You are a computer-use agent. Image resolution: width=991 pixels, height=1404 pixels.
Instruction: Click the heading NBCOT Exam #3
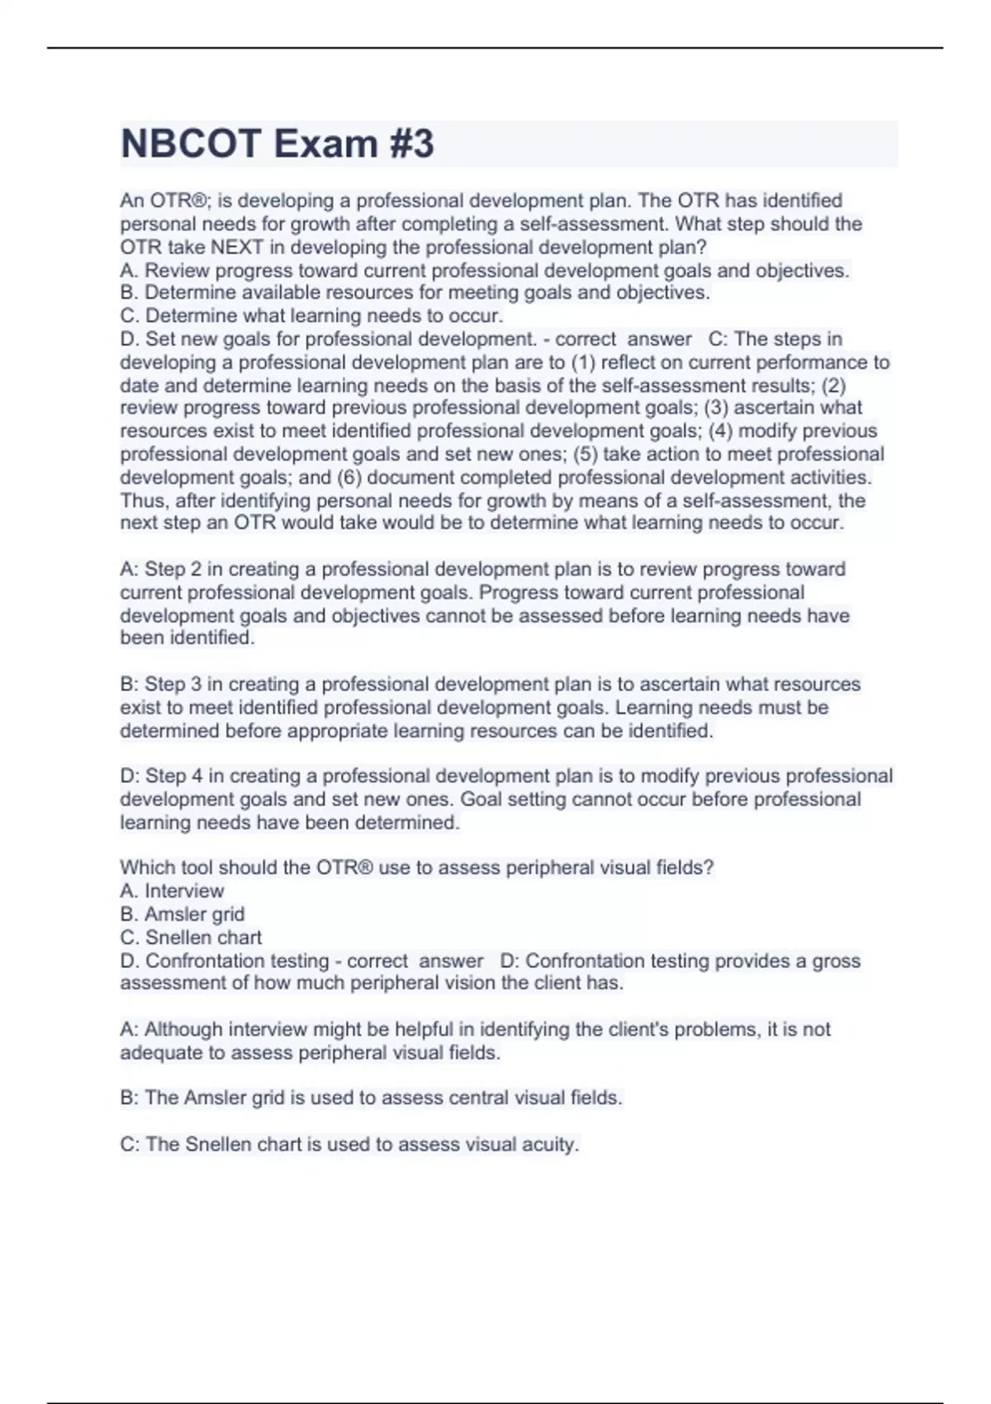tap(277, 145)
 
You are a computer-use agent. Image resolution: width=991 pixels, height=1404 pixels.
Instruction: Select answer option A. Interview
tap(172, 891)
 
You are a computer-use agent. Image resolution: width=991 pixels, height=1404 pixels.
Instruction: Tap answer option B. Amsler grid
tap(182, 914)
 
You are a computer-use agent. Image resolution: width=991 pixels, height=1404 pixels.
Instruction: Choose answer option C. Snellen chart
tap(191, 937)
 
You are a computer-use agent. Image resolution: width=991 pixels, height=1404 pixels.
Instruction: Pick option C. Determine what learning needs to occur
tap(311, 316)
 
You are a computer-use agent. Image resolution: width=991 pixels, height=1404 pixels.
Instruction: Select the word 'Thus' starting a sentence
tap(142, 500)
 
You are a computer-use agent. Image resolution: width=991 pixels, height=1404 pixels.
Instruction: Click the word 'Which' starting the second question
tap(145, 868)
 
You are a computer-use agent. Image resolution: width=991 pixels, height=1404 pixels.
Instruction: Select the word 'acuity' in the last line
tap(551, 1145)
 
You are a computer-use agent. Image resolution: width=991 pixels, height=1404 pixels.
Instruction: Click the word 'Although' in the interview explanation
tap(183, 1030)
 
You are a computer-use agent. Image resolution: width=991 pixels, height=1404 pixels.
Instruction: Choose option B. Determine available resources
tap(415, 293)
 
